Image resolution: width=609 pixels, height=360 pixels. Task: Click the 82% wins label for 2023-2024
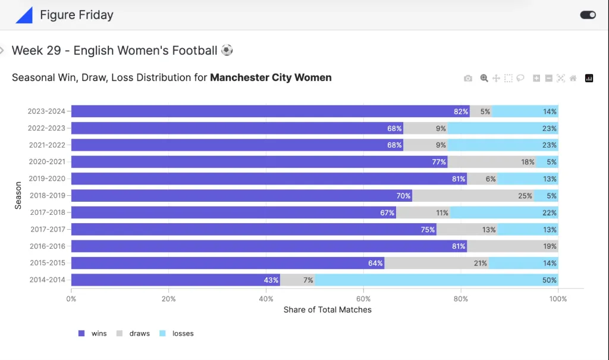click(x=461, y=111)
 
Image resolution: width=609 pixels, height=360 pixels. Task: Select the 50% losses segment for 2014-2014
click(x=437, y=280)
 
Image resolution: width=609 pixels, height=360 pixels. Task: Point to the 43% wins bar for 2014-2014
click(x=175, y=280)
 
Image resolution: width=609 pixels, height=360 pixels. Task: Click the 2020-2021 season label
click(x=47, y=161)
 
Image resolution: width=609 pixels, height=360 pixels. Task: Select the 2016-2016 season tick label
click(x=47, y=246)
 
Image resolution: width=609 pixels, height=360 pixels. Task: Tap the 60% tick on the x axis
click(x=363, y=299)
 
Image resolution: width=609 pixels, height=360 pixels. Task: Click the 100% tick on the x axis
click(x=558, y=299)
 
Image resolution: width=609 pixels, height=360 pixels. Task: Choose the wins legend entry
click(x=93, y=333)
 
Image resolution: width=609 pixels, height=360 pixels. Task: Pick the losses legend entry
click(x=177, y=333)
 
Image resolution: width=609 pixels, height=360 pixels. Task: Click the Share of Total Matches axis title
click(x=327, y=309)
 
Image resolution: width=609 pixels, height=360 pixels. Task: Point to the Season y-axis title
click(x=18, y=195)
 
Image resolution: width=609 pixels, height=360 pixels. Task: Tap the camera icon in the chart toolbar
click(x=468, y=78)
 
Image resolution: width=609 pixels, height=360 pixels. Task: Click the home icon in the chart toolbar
click(x=573, y=78)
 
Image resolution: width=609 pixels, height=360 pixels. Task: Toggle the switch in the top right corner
click(x=588, y=15)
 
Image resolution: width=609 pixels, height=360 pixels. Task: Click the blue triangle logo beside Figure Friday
click(x=24, y=15)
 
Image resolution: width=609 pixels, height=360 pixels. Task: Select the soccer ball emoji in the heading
click(x=227, y=51)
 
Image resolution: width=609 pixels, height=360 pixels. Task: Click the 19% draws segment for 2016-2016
click(x=513, y=246)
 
